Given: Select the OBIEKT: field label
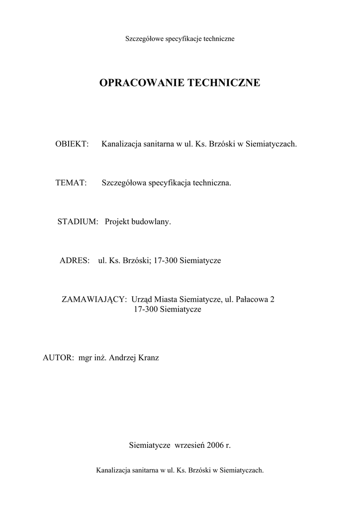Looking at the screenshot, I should click(x=72, y=144).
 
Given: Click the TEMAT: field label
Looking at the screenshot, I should click(x=71, y=183).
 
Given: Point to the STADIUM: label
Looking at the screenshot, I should click(x=77, y=222).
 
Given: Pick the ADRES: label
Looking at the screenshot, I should click(x=75, y=260).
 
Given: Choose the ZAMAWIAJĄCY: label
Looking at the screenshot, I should click(x=94, y=299).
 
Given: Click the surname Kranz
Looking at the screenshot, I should click(x=148, y=358).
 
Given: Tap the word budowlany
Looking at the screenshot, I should click(x=151, y=222).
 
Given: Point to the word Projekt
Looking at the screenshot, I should click(x=117, y=222).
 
